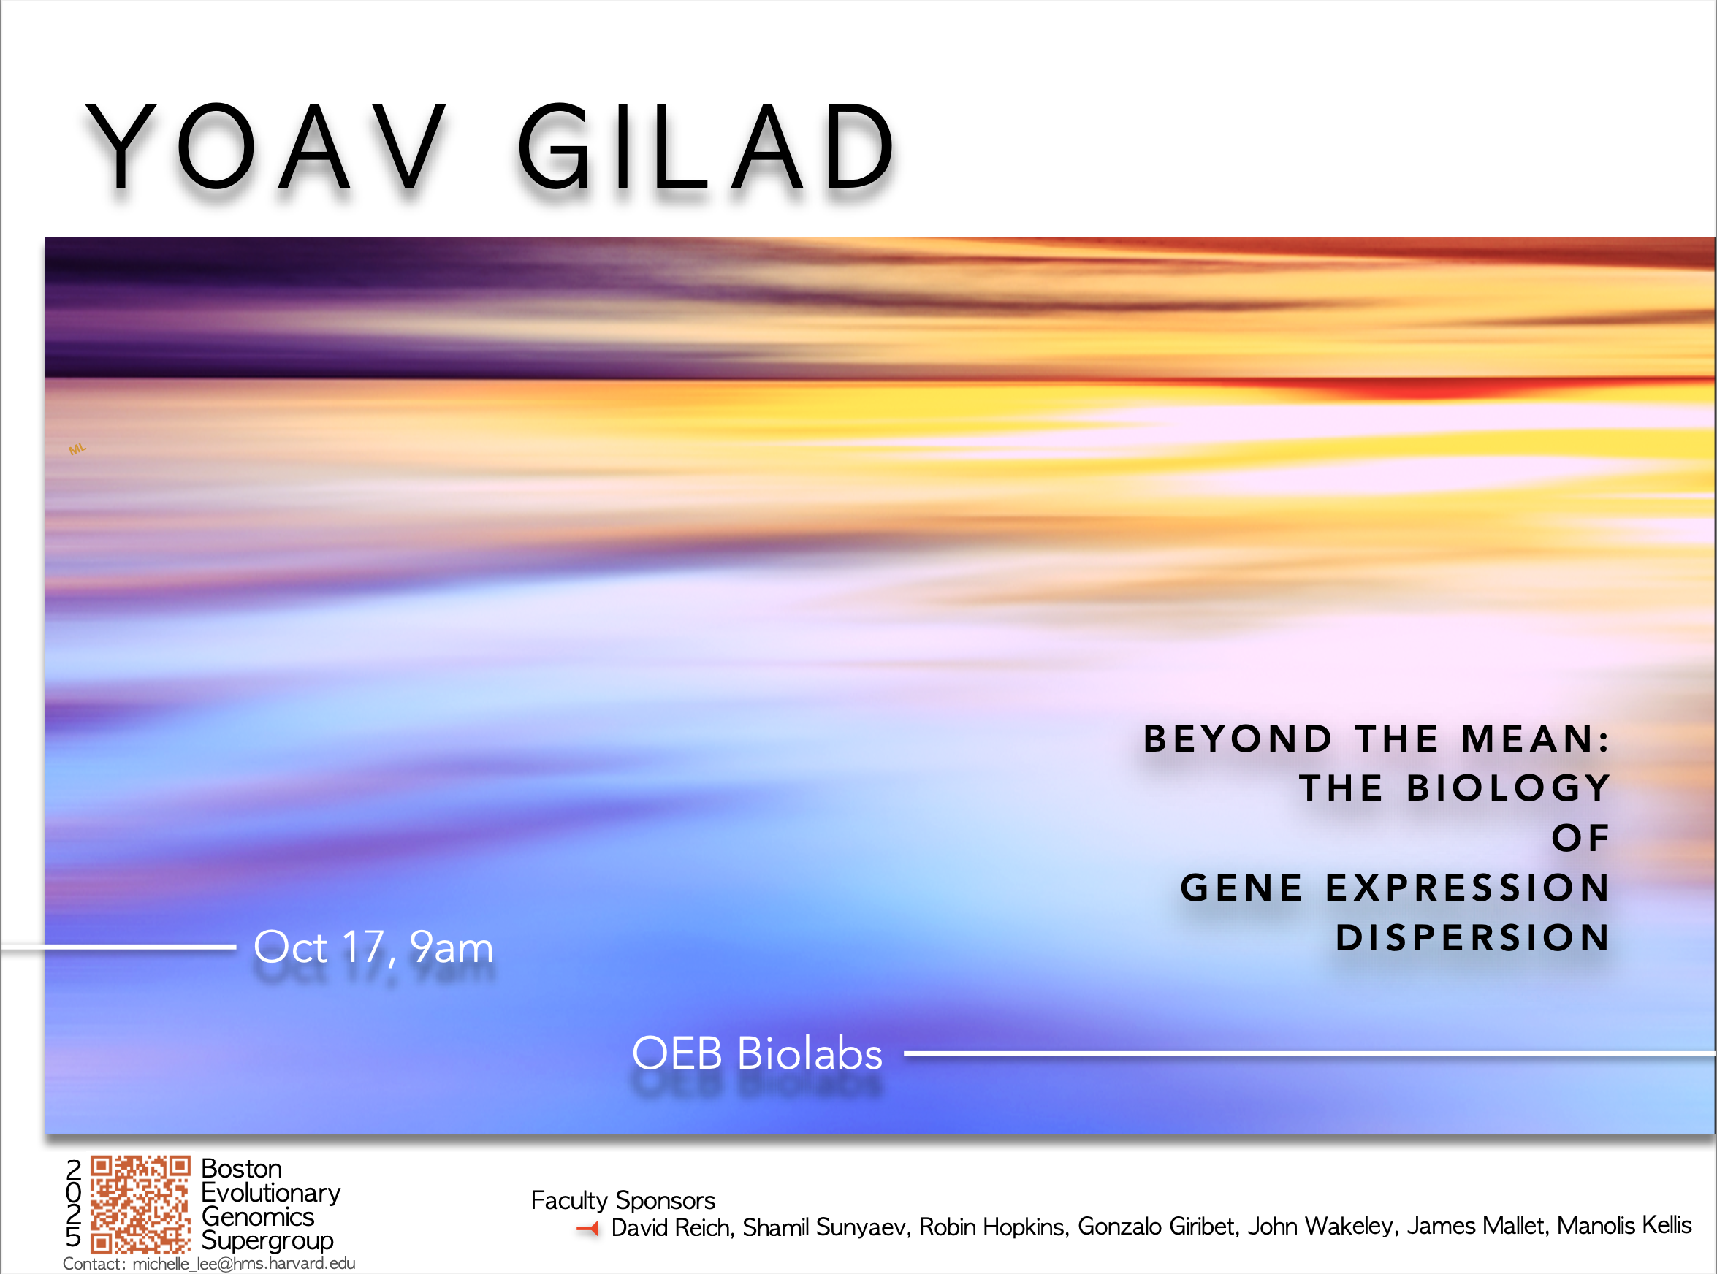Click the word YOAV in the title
point(266,146)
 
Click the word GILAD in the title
point(707,146)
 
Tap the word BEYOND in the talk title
point(1238,739)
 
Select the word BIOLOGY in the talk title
point(1508,788)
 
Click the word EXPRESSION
point(1468,888)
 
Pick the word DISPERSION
point(1472,938)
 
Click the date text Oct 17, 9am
point(373,947)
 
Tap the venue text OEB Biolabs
point(757,1053)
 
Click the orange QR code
point(140,1204)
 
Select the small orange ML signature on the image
point(77,449)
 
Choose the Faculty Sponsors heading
point(623,1201)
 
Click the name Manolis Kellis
point(1624,1224)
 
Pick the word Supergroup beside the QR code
point(267,1241)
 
